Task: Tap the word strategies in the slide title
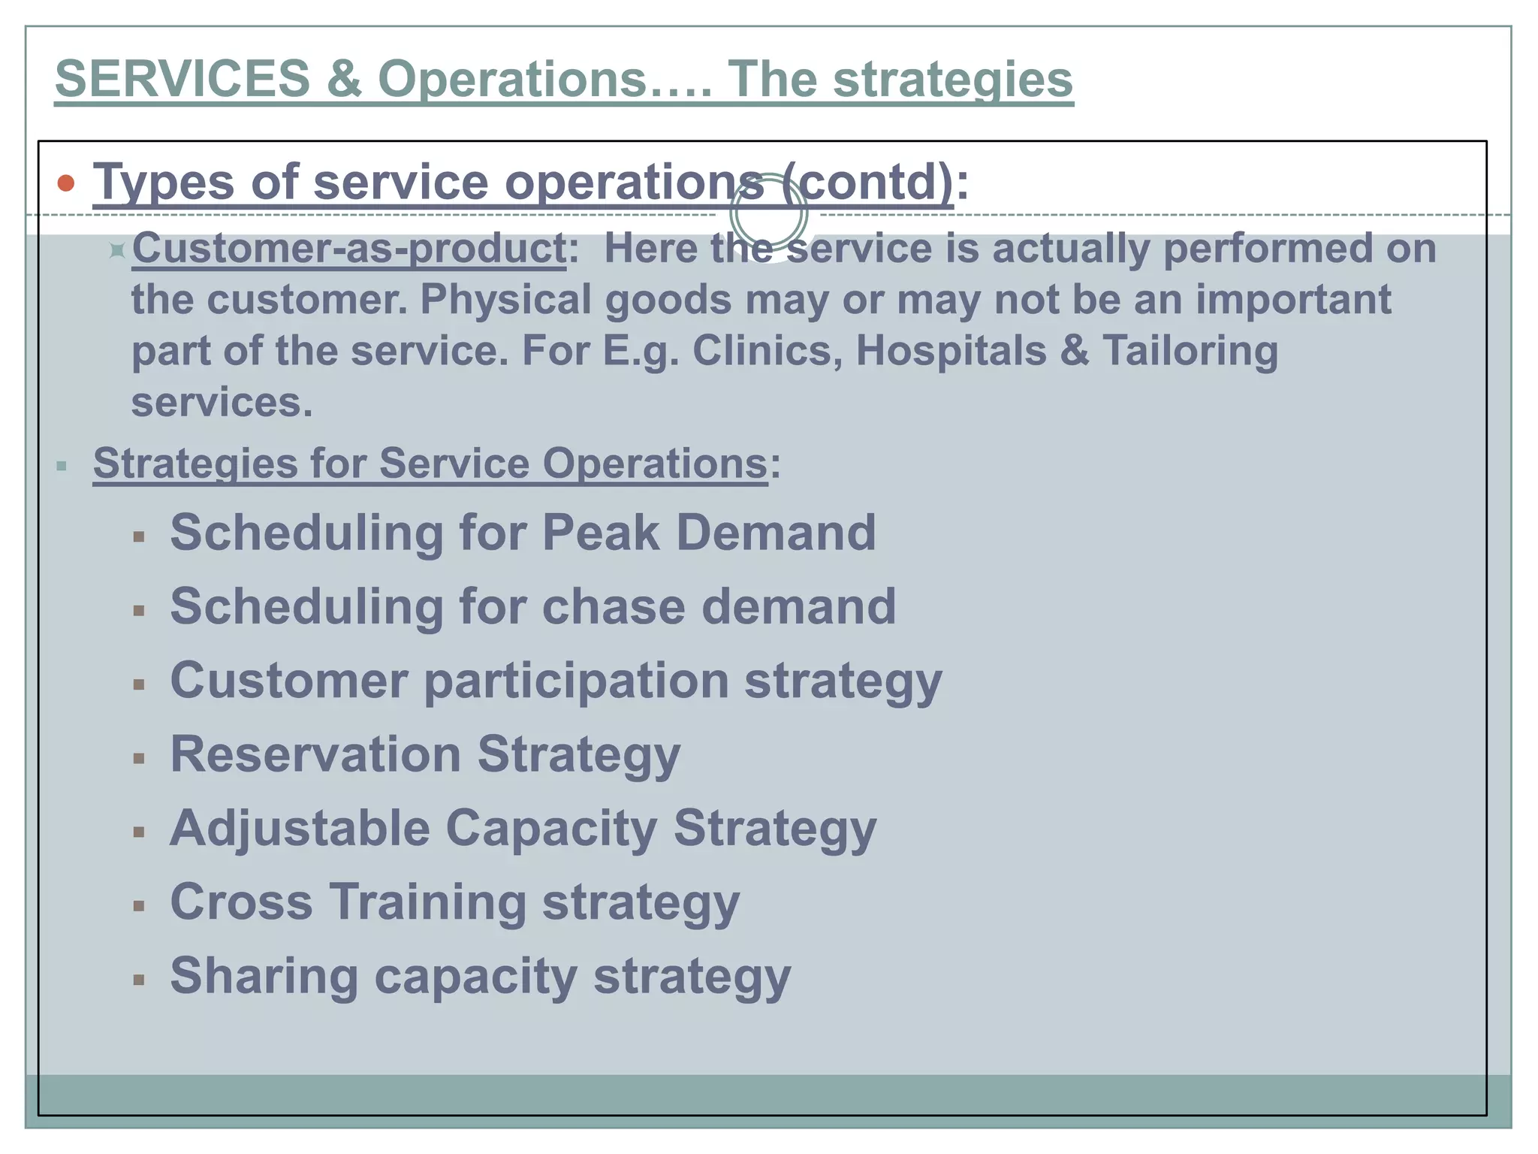click(953, 79)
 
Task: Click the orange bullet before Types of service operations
click(66, 183)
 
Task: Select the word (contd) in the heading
click(867, 182)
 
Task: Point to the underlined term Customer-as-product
click(349, 249)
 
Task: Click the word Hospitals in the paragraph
click(951, 351)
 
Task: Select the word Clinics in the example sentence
click(766, 351)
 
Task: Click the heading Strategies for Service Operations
click(430, 463)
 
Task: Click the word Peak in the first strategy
click(601, 533)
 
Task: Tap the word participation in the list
click(576, 681)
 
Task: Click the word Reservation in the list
click(315, 754)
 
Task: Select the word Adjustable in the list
click(300, 828)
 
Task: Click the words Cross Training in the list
click(348, 902)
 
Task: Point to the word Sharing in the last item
click(264, 975)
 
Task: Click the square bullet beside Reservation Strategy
click(139, 759)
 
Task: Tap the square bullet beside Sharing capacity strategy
click(139, 980)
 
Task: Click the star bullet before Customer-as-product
click(116, 250)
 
